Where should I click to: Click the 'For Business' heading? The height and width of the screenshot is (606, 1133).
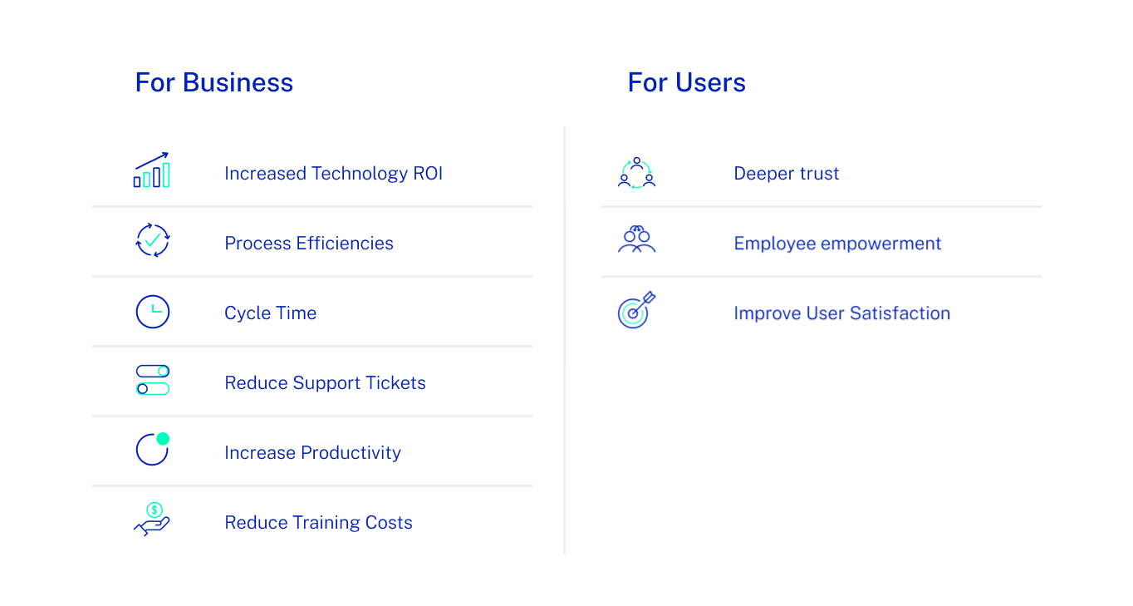coord(213,83)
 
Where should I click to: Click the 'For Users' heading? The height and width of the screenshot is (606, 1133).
coord(686,83)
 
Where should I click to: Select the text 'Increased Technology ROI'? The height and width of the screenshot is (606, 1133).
coord(333,174)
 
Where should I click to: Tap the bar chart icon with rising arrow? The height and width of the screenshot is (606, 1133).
coord(152,170)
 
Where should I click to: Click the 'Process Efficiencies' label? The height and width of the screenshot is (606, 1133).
coord(308,244)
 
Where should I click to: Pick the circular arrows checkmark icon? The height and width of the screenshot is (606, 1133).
coord(153,240)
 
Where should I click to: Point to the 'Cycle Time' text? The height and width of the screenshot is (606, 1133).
coord(270,313)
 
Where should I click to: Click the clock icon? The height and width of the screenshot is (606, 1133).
coord(153,312)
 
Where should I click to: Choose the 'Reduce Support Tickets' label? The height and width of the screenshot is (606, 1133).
coord(325,383)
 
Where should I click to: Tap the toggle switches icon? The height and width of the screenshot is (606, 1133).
coord(153,380)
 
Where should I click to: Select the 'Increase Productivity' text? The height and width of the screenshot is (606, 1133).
coord(312,453)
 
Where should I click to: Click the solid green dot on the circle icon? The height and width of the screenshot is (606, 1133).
coord(163,439)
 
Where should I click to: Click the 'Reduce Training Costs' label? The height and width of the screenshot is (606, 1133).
coord(318,523)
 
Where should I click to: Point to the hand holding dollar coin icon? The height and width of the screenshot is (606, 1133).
coord(152,520)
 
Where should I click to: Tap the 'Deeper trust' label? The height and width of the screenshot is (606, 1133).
coord(786,174)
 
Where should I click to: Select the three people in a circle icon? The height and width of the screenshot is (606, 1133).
coord(636,173)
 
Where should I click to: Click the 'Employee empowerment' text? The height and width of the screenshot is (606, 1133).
coord(837,244)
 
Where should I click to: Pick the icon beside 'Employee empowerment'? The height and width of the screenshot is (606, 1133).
coord(636,239)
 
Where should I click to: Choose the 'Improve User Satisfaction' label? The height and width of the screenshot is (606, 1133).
coord(841,313)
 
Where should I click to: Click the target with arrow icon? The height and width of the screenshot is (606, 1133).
coord(636,310)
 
